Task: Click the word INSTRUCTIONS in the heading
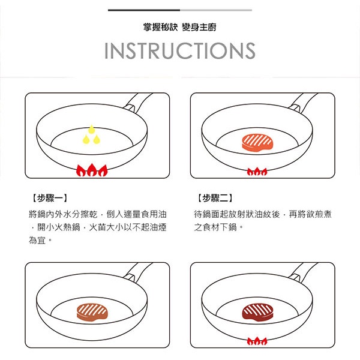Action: [x=180, y=51]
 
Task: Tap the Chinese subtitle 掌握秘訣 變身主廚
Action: [x=180, y=27]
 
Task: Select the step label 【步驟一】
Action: [x=50, y=198]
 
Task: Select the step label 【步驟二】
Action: [x=215, y=198]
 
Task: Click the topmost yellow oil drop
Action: [x=92, y=130]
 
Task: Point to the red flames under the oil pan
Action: [x=92, y=170]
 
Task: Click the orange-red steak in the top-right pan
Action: [x=257, y=142]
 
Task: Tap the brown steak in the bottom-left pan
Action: [x=92, y=312]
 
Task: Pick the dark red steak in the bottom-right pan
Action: [x=257, y=312]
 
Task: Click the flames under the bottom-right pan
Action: [x=257, y=341]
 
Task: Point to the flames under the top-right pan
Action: [x=257, y=172]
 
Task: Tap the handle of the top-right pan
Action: [x=302, y=103]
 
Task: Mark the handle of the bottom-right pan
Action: [x=302, y=272]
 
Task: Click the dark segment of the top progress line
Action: [x=144, y=10]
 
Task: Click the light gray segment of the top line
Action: [x=216, y=10]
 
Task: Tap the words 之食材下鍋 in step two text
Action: [x=215, y=227]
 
